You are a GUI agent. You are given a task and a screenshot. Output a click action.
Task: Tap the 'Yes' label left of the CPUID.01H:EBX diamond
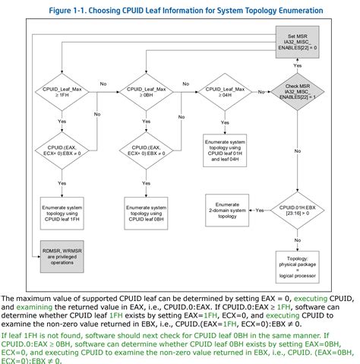click(x=260, y=209)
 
